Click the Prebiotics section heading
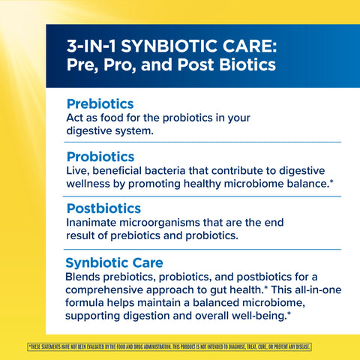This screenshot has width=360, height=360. pyautogui.click(x=100, y=103)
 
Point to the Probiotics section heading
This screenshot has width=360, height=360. pyautogui.click(x=100, y=157)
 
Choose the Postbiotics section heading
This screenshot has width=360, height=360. pyautogui.click(x=103, y=208)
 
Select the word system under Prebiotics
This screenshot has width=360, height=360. pyautogui.click(x=132, y=131)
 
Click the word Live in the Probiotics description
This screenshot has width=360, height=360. pyautogui.click(x=78, y=171)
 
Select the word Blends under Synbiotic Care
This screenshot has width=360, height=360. pyautogui.click(x=85, y=277)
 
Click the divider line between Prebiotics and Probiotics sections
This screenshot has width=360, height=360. pyautogui.click(x=193, y=142)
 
